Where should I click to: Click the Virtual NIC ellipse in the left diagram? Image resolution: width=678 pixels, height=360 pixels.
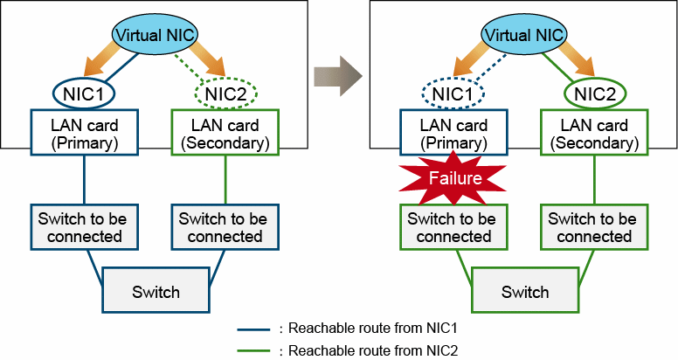(156, 35)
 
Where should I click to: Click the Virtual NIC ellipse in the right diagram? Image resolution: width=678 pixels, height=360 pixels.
(524, 35)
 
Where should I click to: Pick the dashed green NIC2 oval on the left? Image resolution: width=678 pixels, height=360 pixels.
(225, 92)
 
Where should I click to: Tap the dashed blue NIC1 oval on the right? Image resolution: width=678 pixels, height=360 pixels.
(453, 92)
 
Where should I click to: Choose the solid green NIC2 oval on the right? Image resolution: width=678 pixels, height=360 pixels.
(592, 92)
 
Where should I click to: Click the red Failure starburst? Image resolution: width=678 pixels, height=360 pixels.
(453, 177)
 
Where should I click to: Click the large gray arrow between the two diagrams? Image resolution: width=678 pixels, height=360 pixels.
(340, 73)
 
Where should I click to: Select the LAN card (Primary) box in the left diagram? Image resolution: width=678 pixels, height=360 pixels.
(85, 134)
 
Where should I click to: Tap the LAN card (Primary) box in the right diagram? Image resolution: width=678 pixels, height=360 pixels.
(453, 134)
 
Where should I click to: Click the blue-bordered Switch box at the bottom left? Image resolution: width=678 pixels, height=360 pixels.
(156, 291)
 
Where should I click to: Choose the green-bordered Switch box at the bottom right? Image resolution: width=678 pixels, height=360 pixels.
(524, 291)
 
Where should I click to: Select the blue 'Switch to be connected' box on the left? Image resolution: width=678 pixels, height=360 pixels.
(80, 227)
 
